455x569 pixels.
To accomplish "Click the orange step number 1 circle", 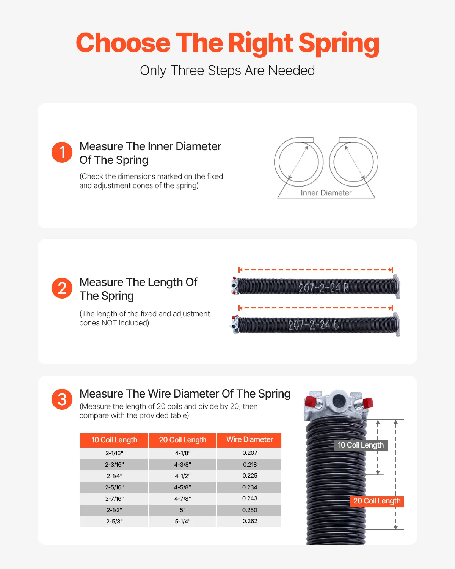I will pos(62,152).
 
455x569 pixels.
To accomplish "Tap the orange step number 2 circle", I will pos(62,288).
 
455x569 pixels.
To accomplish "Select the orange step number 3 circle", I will pos(62,399).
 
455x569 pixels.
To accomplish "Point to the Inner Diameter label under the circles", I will pos(326,193).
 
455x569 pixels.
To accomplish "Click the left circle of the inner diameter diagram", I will pos(299,162).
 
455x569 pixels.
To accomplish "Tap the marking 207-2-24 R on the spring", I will pos(323,288).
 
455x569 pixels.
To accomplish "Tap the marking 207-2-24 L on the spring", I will pos(313,325).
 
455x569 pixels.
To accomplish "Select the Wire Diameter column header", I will pos(249,440).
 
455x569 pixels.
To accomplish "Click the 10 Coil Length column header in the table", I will pos(114,440).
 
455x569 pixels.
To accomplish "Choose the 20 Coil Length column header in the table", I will pos(182,440).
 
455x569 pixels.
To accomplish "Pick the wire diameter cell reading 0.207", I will pos(249,453).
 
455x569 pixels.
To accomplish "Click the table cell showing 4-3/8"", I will pos(182,465).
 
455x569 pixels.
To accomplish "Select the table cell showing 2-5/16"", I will pos(114,487).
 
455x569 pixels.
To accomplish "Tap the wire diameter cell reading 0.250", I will pos(249,510).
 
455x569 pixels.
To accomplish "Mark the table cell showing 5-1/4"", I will pos(182,522).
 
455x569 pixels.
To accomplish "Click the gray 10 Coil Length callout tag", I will pos(361,445).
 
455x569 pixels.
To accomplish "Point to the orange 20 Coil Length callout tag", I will pos(377,501).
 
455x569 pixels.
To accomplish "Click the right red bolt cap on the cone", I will pos(367,402).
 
